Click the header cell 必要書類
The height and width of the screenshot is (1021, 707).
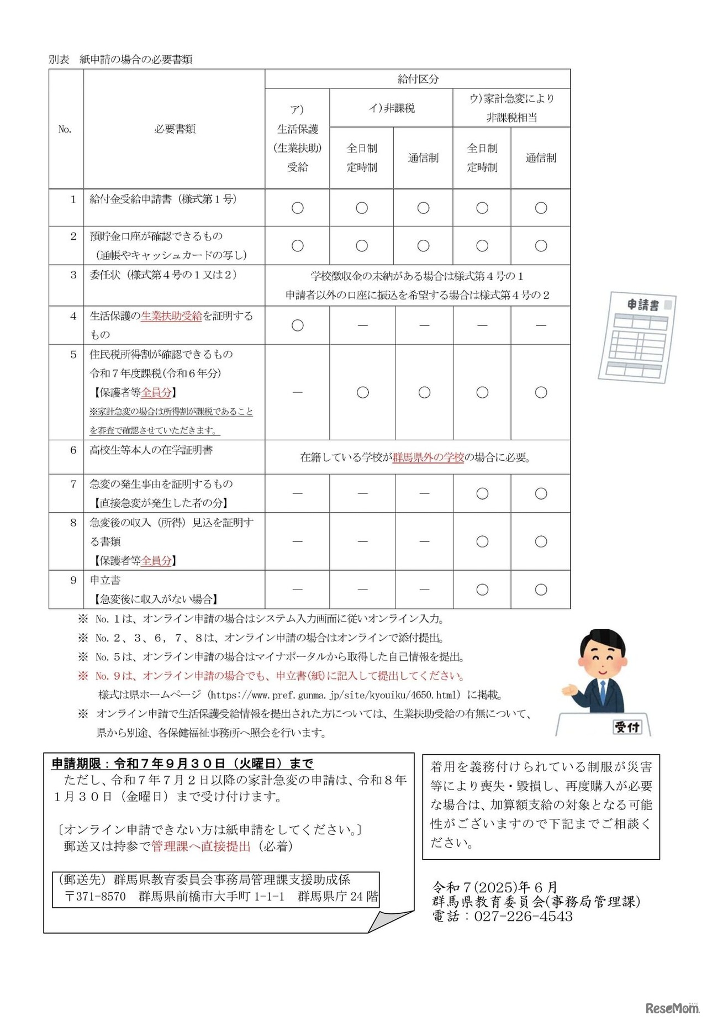pyautogui.click(x=175, y=129)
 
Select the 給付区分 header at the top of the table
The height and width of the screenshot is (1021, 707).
pyautogui.click(x=418, y=79)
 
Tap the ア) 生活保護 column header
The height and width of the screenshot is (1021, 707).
pyautogui.click(x=297, y=138)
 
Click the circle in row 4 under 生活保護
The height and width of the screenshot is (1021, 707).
pyautogui.click(x=297, y=325)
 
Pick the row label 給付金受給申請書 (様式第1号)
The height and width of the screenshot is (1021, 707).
pyautogui.click(x=163, y=199)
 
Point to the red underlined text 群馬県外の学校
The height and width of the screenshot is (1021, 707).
pyautogui.click(x=428, y=457)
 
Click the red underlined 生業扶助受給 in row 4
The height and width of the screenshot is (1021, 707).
pyautogui.click(x=172, y=316)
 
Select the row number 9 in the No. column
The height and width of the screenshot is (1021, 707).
pyautogui.click(x=73, y=580)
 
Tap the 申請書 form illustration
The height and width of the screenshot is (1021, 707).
pyautogui.click(x=638, y=336)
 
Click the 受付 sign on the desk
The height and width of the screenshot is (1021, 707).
pyautogui.click(x=627, y=727)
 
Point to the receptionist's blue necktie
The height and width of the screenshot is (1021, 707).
pyautogui.click(x=603, y=691)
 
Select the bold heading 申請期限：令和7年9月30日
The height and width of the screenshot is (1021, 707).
pyautogui.click(x=182, y=764)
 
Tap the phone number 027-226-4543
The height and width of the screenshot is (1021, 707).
pyautogui.click(x=523, y=917)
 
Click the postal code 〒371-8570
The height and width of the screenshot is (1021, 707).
pyautogui.click(x=96, y=896)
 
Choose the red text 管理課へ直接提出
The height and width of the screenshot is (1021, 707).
pyautogui.click(x=201, y=846)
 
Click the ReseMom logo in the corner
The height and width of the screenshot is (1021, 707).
pyautogui.click(x=672, y=1008)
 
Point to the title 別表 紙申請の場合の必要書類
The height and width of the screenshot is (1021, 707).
pyautogui.click(x=120, y=59)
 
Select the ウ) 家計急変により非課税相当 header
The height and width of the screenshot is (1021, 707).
pyautogui.click(x=511, y=108)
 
